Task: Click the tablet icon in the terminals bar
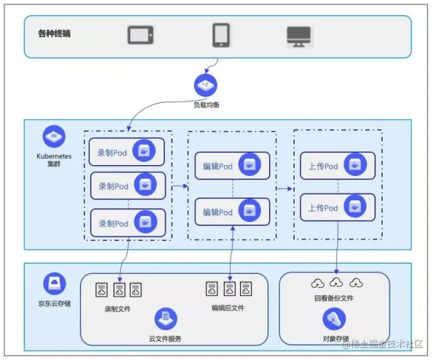pos(140,35)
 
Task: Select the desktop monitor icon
pos(298,35)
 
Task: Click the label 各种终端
pos(54,33)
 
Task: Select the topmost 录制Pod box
pos(128,152)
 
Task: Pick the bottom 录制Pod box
pos(128,223)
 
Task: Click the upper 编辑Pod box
pos(232,166)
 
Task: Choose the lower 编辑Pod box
pos(232,212)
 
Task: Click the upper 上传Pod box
pos(337,166)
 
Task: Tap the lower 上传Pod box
pos(337,208)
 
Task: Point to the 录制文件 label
pos(118,310)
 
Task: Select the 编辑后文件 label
pos(228,308)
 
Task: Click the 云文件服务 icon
pos(166,317)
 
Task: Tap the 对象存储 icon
pos(335,318)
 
